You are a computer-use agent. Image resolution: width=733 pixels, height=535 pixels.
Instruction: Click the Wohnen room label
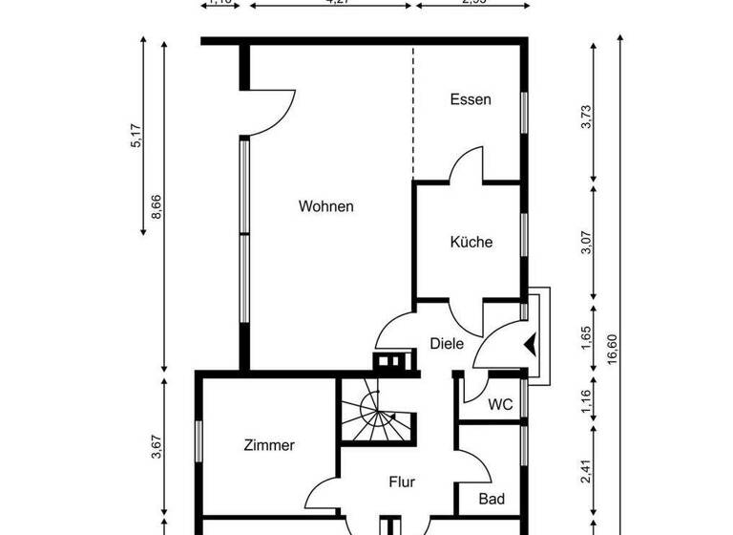tap(325, 206)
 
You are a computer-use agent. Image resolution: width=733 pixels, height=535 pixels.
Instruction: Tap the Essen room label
tap(470, 99)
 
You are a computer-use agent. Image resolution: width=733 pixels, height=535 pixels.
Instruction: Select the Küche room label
tap(471, 243)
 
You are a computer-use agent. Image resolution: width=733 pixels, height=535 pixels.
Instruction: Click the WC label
tap(500, 405)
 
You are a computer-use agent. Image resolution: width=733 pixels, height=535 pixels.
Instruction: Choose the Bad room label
tap(492, 500)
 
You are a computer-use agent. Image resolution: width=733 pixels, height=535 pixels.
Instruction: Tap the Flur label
tap(402, 482)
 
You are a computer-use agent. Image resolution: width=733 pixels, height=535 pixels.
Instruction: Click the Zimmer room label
tap(269, 445)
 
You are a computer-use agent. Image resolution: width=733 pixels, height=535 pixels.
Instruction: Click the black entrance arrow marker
tap(531, 343)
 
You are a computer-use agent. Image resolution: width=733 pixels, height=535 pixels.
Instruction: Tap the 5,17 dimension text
tap(136, 135)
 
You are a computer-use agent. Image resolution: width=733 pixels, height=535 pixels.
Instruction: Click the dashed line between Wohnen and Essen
tap(412, 115)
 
